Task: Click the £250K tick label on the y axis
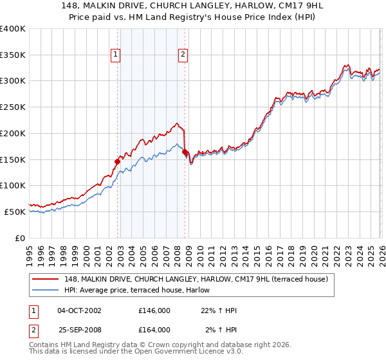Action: (x=13, y=107)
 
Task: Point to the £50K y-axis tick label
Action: (x=15, y=212)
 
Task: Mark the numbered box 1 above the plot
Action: (x=116, y=55)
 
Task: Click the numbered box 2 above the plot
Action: (x=183, y=55)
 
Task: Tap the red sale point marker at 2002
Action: (x=118, y=161)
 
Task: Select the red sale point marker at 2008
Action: (x=185, y=152)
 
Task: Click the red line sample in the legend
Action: (x=46, y=279)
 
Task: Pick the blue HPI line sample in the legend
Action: (x=46, y=291)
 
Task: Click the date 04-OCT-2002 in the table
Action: (x=79, y=310)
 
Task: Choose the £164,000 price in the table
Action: (x=154, y=329)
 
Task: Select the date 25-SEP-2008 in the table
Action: (x=79, y=329)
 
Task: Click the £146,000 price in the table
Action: (x=154, y=310)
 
